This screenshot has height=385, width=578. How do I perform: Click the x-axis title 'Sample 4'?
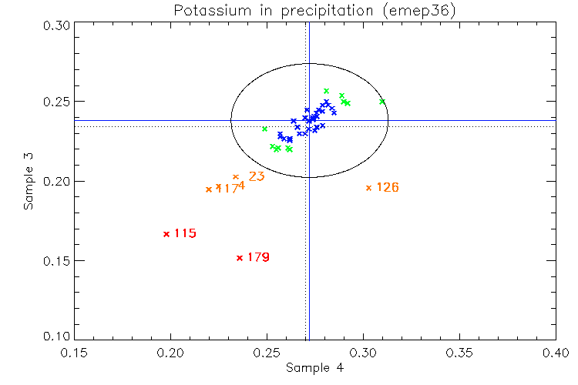coord(314,368)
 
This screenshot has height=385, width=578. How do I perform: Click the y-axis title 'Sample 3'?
coord(29,182)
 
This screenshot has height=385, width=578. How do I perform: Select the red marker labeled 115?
coord(166,234)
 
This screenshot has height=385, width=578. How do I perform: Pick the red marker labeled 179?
coord(240,258)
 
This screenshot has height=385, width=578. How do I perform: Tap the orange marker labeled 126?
coord(368,188)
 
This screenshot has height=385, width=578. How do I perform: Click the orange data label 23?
coord(257,176)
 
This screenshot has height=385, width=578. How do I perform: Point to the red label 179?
coord(258,257)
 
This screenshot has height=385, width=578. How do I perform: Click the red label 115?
coord(185,233)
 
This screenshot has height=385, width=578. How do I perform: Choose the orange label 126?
coord(387,187)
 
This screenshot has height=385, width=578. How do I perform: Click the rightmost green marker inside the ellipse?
coord(382,102)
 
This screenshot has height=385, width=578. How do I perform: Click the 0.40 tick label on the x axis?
coord(556,353)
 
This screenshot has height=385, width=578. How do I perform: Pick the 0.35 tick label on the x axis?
coord(459,353)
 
